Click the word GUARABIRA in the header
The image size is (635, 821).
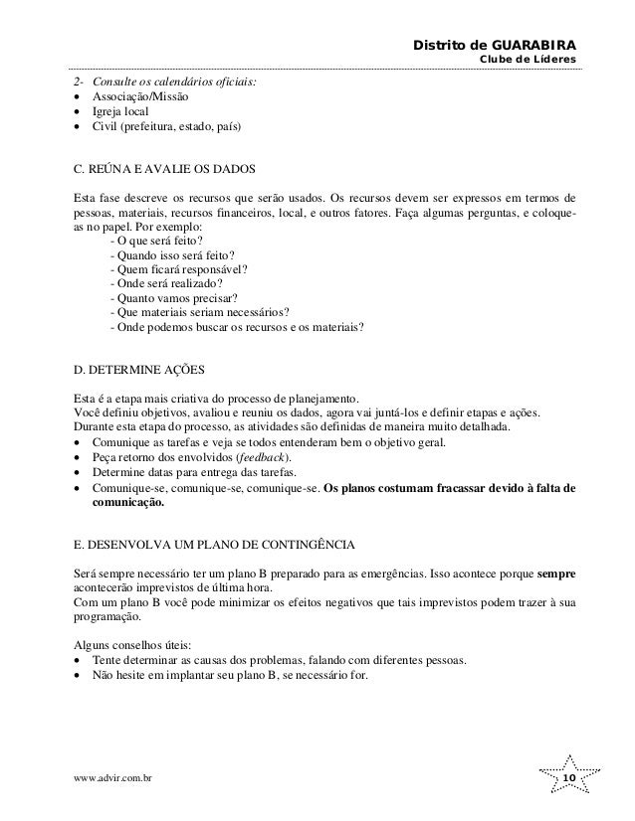(532, 46)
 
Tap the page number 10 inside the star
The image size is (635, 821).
(569, 777)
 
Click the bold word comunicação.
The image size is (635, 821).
(126, 504)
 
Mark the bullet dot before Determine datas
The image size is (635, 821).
(78, 473)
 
